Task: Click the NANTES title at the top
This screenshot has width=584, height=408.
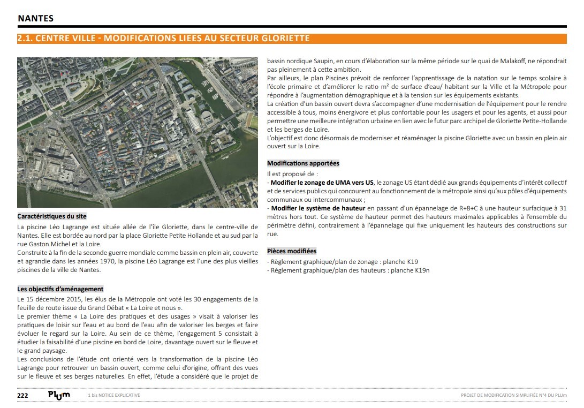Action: pyautogui.click(x=36, y=18)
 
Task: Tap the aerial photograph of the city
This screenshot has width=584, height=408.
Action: pyautogui.click(x=138, y=132)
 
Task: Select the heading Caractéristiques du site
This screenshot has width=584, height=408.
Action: pyautogui.click(x=51, y=217)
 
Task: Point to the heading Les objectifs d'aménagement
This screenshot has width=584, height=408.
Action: pyautogui.click(x=60, y=289)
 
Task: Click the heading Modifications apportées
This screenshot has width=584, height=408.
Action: pyautogui.click(x=303, y=163)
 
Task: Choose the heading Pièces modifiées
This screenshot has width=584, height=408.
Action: pyautogui.click(x=292, y=251)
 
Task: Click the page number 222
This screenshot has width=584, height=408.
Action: pyautogui.click(x=23, y=395)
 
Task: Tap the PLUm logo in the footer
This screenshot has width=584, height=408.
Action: pyautogui.click(x=59, y=395)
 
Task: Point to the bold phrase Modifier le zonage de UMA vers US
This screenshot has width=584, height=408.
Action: pyautogui.click(x=322, y=183)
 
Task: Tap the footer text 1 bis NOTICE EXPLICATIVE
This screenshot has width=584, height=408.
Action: pyautogui.click(x=114, y=396)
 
